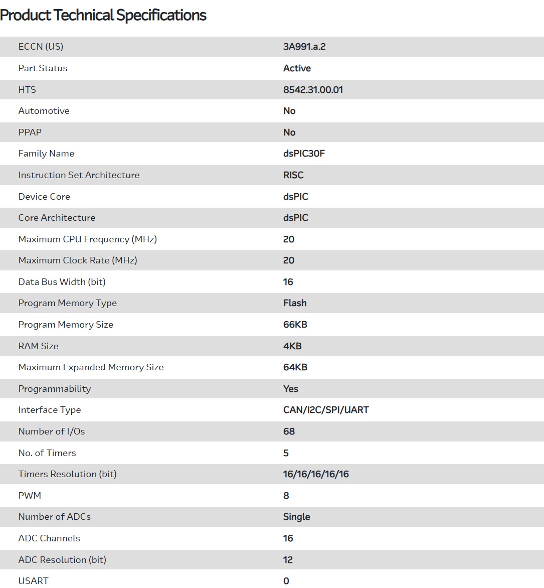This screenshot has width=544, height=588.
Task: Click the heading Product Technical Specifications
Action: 103,16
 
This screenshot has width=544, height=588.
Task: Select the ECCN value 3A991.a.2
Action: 304,47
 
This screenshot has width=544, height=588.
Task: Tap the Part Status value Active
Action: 297,68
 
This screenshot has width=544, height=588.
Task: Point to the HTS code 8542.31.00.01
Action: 313,90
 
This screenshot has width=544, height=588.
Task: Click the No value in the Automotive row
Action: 289,111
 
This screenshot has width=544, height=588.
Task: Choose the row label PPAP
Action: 30,132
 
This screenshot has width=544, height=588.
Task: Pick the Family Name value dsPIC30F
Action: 304,154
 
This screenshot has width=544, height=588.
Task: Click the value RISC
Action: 293,175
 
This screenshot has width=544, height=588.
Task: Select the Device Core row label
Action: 44,197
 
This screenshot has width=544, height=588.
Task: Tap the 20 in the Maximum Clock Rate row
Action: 289,260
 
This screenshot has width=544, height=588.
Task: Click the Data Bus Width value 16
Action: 288,282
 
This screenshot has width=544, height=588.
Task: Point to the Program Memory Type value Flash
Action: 295,303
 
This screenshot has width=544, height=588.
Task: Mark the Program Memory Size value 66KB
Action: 295,325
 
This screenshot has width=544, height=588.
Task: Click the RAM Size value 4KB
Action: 292,346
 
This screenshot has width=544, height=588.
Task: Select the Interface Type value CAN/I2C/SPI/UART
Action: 326,410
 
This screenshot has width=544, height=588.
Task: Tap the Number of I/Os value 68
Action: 289,431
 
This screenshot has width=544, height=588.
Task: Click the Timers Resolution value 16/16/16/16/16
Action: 316,474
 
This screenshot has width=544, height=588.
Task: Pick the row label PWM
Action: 30,496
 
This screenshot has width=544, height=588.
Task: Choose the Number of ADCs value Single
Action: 296,517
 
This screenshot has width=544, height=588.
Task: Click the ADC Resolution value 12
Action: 288,560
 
